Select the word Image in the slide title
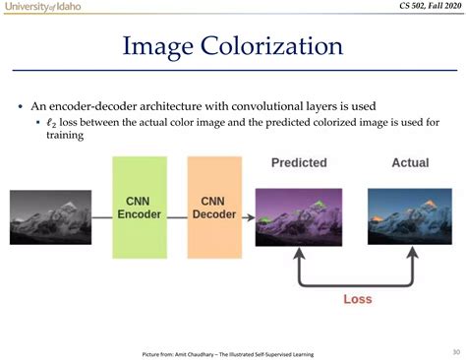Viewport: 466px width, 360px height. tap(157, 46)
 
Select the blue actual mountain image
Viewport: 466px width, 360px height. tap(410, 217)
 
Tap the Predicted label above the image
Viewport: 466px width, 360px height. tap(300, 161)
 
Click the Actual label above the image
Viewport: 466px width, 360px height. tap(410, 161)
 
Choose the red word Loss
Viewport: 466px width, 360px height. tap(357, 300)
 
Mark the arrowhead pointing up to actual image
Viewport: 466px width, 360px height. tap(411, 255)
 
